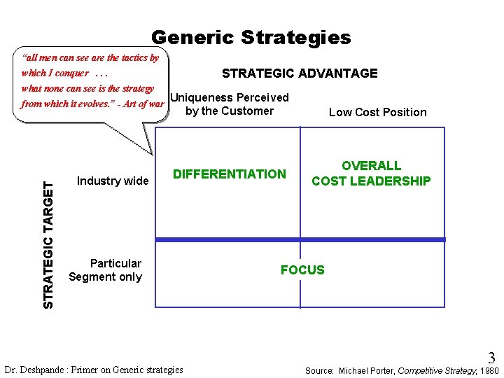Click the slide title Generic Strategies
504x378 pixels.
pos(251,38)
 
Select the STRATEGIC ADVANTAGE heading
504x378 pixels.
pos(300,73)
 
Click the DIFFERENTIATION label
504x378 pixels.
pos(230,174)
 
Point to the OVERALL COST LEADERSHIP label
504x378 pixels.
pos(371,174)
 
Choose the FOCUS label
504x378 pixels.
pos(302,270)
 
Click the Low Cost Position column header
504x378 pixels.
pos(377,112)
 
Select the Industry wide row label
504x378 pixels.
pos(113,181)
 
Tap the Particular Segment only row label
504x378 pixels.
pos(106,270)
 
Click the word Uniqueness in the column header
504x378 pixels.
pos(202,98)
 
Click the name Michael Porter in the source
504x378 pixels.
pos(367,370)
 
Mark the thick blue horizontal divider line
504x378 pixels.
pos(300,239)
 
